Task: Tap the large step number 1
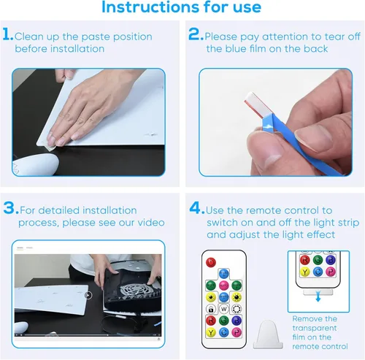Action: coord(7,34)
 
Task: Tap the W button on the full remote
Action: coord(224,309)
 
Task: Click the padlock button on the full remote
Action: coord(211,309)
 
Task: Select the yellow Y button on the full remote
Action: coord(211,332)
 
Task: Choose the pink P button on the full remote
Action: coord(237,332)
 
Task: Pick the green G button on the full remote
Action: coord(224,321)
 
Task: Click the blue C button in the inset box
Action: coord(318,272)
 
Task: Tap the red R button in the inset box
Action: coord(305,260)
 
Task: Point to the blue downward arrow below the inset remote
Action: coord(318,297)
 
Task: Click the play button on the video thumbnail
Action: coord(88,295)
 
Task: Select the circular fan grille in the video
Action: coord(134,291)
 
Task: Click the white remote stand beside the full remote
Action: coord(268,334)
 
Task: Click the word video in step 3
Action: coord(151,223)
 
